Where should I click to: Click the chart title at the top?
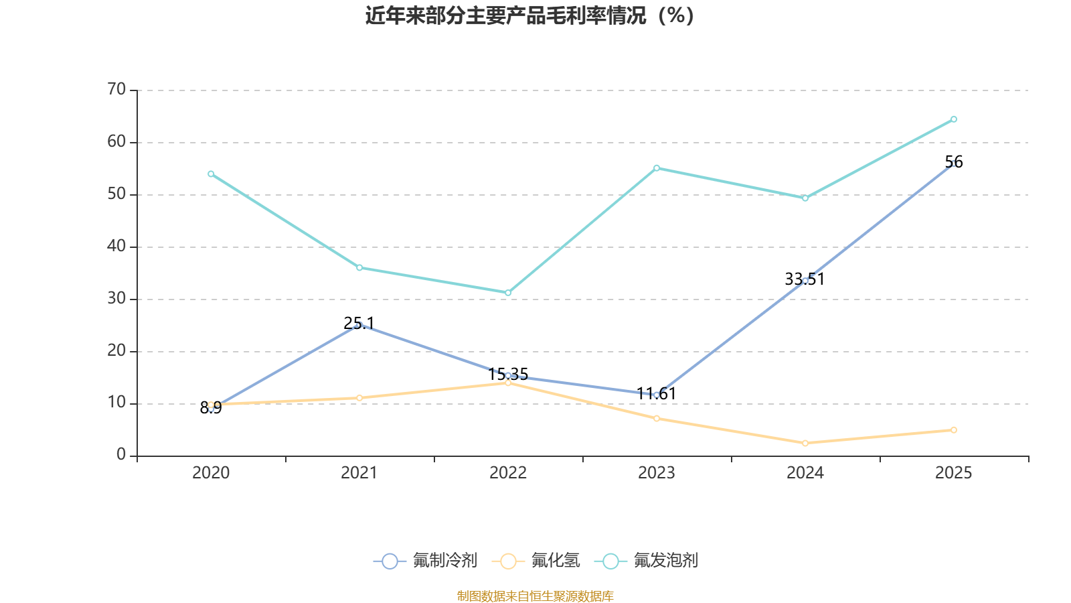530,15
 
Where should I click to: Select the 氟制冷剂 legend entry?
426,561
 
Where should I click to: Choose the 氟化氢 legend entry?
536,561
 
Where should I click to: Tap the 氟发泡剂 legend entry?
647,561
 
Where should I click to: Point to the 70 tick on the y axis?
116,89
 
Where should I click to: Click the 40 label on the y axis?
116,246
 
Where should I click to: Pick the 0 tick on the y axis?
121,455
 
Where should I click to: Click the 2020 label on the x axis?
211,473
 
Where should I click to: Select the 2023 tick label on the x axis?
656,473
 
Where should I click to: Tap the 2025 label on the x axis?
953,473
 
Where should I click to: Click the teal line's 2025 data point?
954,119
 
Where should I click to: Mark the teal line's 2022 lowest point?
508,293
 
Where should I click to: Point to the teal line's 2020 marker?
211,174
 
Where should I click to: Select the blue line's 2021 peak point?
359,325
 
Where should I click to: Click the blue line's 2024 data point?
805,281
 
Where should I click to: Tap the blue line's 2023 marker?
657,395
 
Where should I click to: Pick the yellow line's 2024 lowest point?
805,443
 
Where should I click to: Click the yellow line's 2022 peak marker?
508,383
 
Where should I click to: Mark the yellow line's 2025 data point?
954,430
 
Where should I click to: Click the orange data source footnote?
535,596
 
